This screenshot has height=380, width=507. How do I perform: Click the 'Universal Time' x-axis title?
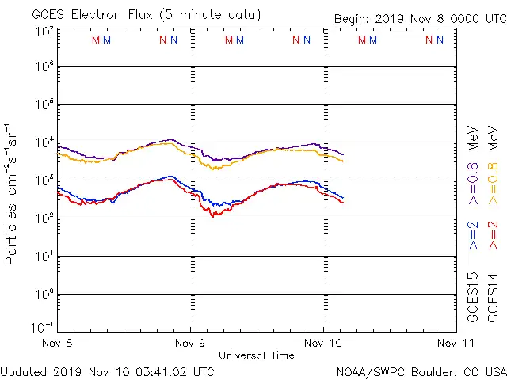click(x=257, y=355)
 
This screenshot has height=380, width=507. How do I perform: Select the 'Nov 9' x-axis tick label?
click(x=190, y=344)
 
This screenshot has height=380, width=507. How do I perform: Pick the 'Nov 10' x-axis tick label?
click(x=322, y=344)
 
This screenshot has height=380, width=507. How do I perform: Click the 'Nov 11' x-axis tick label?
click(x=455, y=344)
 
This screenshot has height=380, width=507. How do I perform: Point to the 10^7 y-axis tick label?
click(x=44, y=32)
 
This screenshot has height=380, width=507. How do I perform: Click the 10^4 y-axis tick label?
click(x=44, y=142)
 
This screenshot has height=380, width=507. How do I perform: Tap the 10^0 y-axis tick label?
click(x=44, y=294)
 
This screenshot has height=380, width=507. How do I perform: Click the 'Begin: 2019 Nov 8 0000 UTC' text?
click(x=419, y=18)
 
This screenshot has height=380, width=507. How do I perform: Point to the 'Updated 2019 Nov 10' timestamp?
click(x=108, y=370)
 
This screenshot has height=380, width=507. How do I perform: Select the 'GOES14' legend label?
click(x=493, y=297)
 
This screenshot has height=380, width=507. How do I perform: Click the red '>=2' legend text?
click(x=493, y=236)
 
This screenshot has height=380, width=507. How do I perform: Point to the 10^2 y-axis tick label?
click(x=44, y=218)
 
